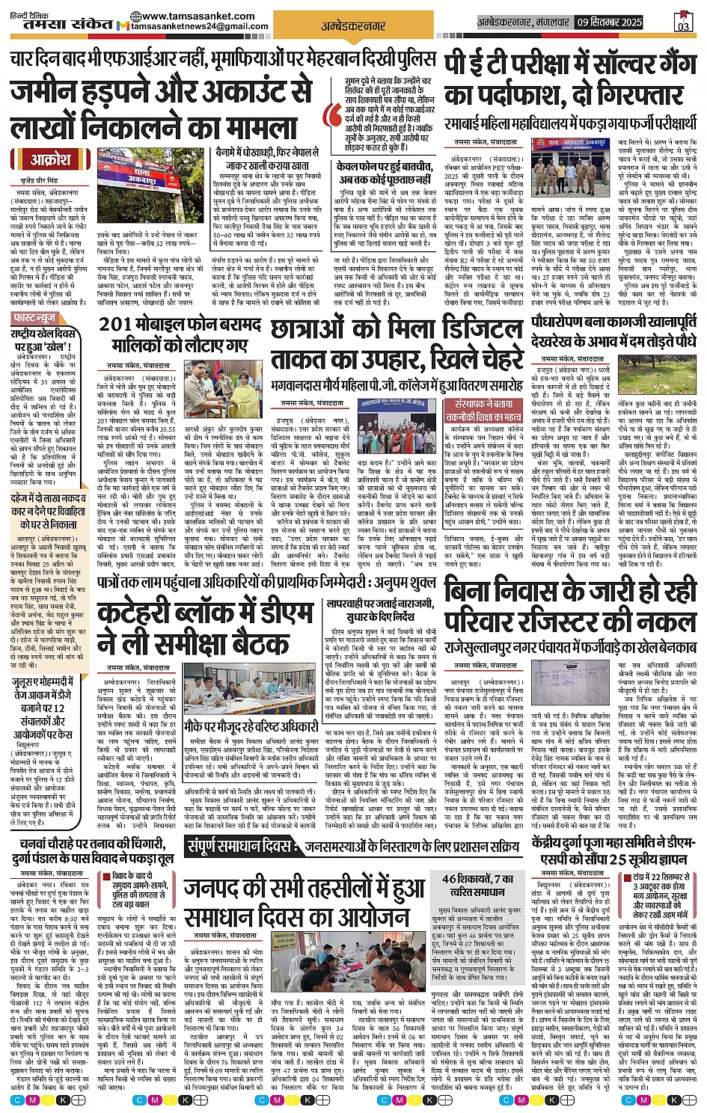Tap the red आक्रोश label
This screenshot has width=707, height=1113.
pos(50,159)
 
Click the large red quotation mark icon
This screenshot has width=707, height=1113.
pos(333,116)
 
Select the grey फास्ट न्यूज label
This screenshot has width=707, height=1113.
pos(34,319)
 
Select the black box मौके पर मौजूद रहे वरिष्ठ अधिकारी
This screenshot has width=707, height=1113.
pos(252,726)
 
